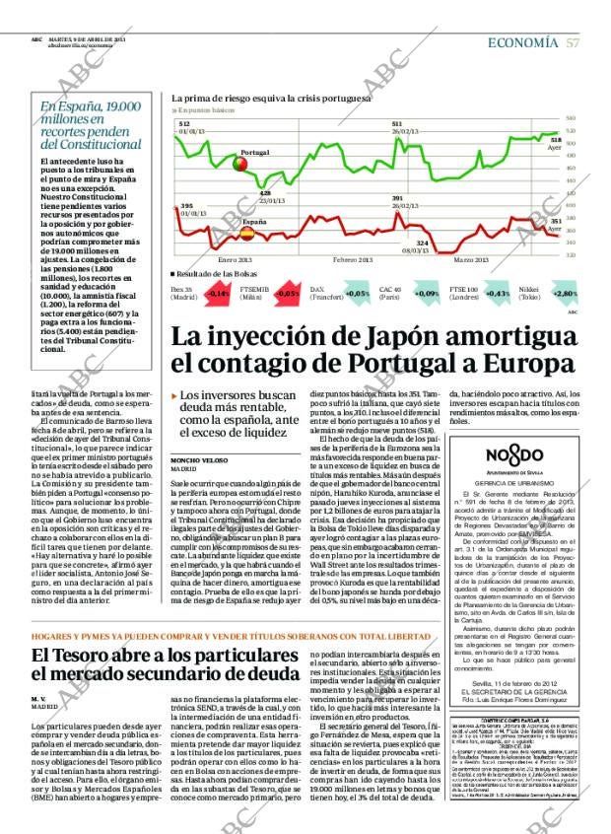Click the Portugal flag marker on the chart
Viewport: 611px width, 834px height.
[239, 165]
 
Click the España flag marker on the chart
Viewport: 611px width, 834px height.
[247, 234]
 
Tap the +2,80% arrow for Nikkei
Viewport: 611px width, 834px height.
[564, 293]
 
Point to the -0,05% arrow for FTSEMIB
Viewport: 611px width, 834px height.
[287, 293]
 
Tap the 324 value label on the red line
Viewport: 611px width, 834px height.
[422, 243]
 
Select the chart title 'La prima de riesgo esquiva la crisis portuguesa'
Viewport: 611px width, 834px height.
[271, 99]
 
